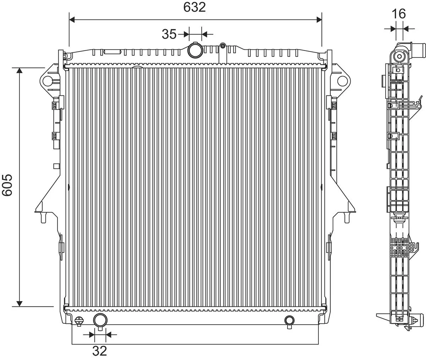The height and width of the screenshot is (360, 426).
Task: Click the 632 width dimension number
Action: click(x=195, y=7)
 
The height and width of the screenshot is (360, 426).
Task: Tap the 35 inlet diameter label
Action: click(x=169, y=34)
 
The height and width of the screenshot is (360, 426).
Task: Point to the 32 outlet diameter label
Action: click(x=100, y=351)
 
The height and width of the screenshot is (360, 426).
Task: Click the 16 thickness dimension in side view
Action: click(x=399, y=14)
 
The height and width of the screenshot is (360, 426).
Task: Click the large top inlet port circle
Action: click(x=195, y=50)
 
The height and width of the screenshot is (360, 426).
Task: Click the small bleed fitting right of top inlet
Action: click(x=223, y=46)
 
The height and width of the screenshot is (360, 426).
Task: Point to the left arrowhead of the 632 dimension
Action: click(x=72, y=20)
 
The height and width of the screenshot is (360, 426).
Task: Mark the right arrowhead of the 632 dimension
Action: click(x=318, y=20)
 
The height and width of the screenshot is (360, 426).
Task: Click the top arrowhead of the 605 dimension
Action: click(x=20, y=70)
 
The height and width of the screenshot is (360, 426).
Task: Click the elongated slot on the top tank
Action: click(x=111, y=52)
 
